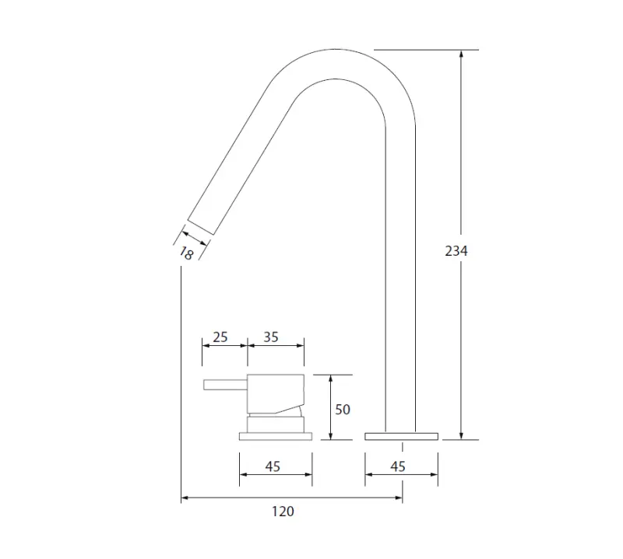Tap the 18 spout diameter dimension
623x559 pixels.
[186, 252]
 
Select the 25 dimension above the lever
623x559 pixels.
[220, 337]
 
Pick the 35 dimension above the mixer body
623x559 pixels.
[271, 337]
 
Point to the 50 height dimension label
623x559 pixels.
[343, 409]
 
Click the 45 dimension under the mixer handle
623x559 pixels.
[273, 466]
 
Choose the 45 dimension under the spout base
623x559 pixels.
[397, 466]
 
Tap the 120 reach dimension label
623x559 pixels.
[283, 511]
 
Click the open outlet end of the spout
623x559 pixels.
[200, 222]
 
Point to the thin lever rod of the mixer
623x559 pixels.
[224, 384]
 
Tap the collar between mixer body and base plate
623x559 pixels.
[275, 424]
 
